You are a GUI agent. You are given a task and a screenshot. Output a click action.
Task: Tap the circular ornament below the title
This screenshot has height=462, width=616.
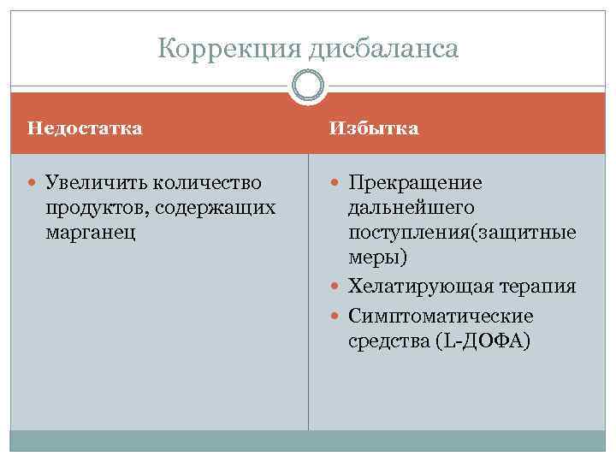click(x=308, y=86)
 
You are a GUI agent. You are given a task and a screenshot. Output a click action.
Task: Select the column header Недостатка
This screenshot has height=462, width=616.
click(x=85, y=128)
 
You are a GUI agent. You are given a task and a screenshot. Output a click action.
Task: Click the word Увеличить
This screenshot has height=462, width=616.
click(x=88, y=182)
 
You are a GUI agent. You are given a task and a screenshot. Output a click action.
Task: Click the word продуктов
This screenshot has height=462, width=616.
click(x=95, y=207)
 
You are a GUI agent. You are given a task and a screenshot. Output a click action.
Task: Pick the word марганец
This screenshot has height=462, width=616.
click(x=91, y=232)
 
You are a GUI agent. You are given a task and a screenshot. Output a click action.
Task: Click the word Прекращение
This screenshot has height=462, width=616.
click(x=415, y=182)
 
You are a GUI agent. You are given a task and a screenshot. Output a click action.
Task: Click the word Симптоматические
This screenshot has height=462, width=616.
click(x=441, y=316)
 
